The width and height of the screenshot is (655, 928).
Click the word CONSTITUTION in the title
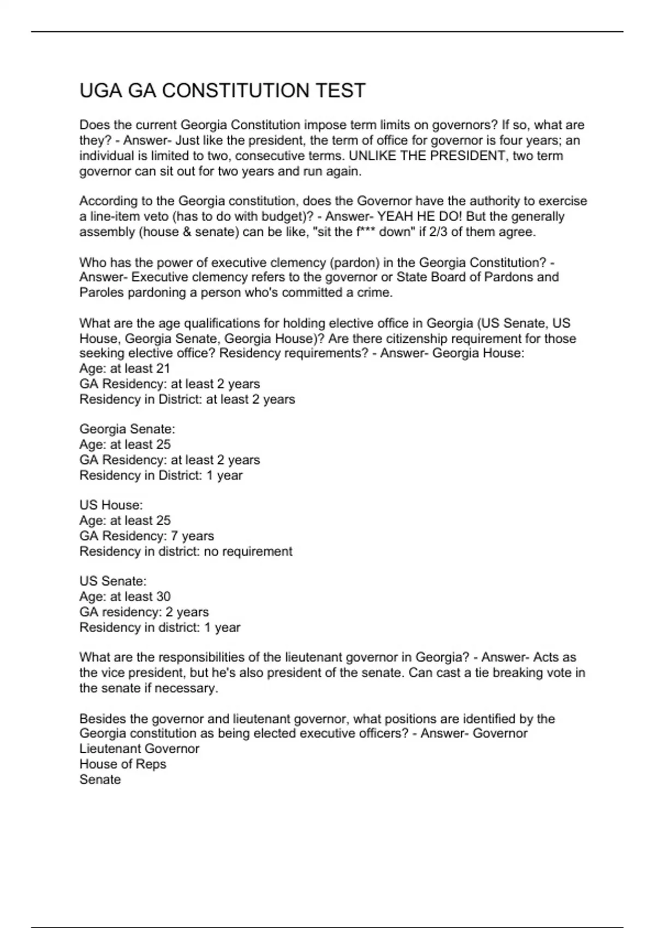(x=236, y=91)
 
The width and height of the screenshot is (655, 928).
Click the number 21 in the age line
(x=163, y=368)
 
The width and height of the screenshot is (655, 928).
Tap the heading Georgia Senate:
(x=127, y=429)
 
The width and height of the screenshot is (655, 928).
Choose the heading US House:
(x=111, y=505)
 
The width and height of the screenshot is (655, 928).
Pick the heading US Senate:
(x=113, y=581)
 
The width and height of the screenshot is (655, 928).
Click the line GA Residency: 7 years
(x=146, y=536)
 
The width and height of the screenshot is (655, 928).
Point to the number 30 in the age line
(x=163, y=597)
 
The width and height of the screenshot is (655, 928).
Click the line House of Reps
(x=123, y=764)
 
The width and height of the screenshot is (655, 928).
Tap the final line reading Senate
(x=100, y=780)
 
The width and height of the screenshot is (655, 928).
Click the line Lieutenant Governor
(x=139, y=749)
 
